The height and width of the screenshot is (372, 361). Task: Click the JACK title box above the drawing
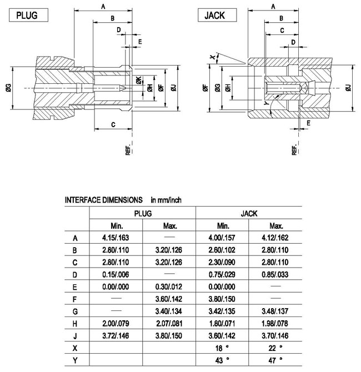(x=215, y=15)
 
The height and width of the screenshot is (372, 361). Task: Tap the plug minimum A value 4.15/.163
(x=116, y=238)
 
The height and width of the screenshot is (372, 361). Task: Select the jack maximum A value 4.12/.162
(x=275, y=238)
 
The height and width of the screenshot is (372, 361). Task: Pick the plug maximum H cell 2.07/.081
(x=169, y=323)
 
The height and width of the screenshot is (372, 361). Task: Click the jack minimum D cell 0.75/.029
(x=223, y=274)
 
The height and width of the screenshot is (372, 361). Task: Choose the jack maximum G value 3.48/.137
(x=275, y=311)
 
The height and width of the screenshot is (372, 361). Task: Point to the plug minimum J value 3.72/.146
(x=116, y=335)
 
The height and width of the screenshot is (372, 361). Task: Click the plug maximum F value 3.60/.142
(x=169, y=299)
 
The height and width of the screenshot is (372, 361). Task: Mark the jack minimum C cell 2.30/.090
(x=223, y=262)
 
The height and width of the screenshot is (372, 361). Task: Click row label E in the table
(x=75, y=286)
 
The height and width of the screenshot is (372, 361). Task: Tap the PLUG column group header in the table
(x=143, y=213)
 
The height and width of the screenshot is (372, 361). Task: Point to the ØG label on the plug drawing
(x=8, y=88)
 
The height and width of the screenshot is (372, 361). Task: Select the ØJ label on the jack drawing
(x=348, y=88)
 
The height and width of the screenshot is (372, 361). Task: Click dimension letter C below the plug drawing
(x=113, y=124)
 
